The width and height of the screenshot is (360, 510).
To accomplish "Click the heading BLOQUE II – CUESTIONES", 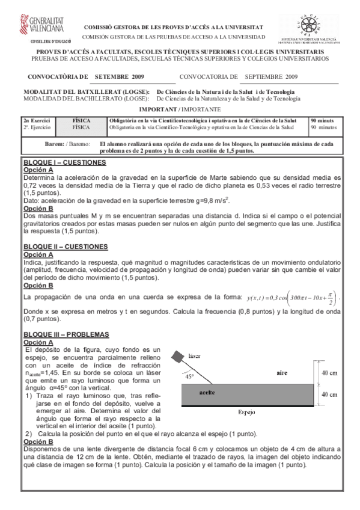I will pos(66,247).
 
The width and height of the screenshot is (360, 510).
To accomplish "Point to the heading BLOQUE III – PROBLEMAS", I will pos(66,334).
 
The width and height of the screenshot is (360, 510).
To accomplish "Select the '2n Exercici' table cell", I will pos(36,120).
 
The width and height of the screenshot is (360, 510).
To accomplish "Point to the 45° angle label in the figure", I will pos(189,376).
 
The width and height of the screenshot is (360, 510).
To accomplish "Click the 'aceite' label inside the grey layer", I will pos(207,392).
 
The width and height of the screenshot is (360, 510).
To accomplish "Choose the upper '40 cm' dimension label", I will pos(329,373).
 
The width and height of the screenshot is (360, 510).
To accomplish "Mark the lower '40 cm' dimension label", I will pos(329,395).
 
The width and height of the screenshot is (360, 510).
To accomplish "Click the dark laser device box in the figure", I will pos(178,358).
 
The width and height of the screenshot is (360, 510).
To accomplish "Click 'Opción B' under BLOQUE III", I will pos(37,441).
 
